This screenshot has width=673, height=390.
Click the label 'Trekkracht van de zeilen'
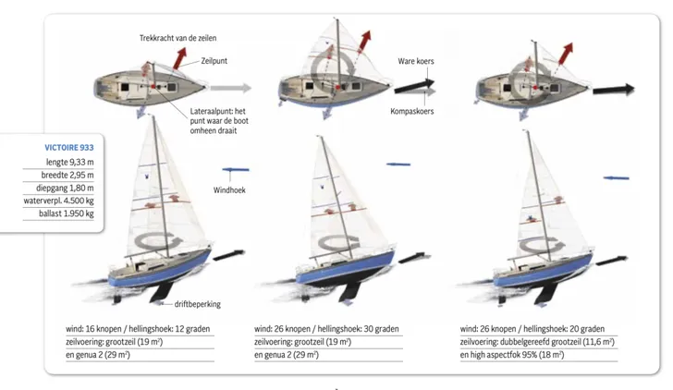click(177, 38)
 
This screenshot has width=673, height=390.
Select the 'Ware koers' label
click(416, 61)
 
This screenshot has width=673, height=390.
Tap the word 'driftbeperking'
click(198, 304)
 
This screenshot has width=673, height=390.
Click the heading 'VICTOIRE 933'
click(68, 147)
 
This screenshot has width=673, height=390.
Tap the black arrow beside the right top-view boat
click(613, 90)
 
